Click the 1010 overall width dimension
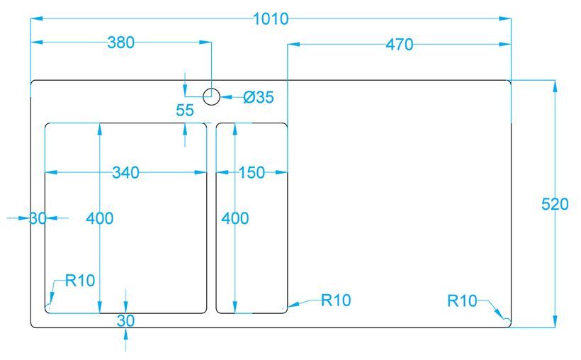coord(271,18)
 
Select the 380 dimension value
coord(120,43)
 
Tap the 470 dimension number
coord(399,45)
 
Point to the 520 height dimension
coord(555,205)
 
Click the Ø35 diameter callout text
coord(258,97)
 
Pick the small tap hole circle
coord(211,96)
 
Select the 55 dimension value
coord(184,110)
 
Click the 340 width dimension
coord(125,172)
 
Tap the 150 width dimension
coord(251,172)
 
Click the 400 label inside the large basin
coord(99,218)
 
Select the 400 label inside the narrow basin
coord(235,218)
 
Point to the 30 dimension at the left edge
coord(38,218)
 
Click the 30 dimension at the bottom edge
coord(125,320)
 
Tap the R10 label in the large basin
coord(80,280)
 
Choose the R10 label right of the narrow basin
coord(336,300)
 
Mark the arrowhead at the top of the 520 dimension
coord(555,86)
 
